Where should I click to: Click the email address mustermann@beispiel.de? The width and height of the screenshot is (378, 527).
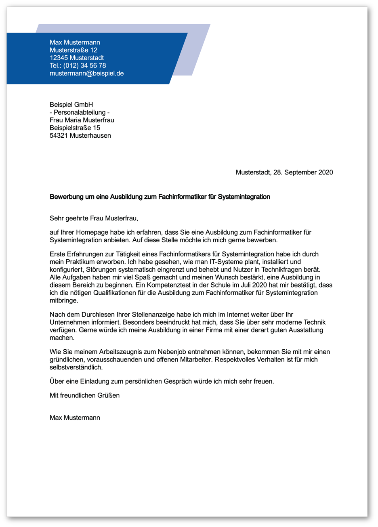[86, 73]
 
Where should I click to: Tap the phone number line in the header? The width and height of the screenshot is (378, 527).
[78, 65]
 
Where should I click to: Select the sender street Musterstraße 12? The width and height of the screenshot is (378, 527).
[73, 50]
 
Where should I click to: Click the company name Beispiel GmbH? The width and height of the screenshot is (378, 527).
[71, 105]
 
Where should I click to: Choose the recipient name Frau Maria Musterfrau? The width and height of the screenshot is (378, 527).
[82, 120]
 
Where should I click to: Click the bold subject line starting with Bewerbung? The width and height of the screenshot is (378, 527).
[160, 197]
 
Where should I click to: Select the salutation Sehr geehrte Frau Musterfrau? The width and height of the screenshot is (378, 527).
[94, 218]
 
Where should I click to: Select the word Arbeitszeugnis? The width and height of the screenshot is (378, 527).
[123, 352]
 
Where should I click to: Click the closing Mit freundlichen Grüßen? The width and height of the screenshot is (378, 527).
[84, 395]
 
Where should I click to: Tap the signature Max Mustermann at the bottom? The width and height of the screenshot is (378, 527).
[75, 418]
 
